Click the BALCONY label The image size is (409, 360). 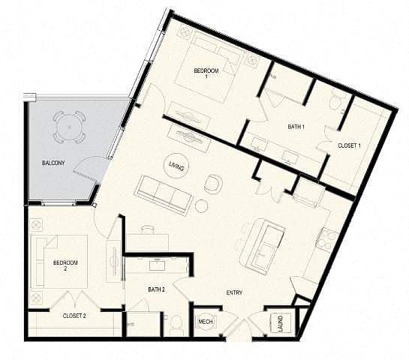tap(53, 163)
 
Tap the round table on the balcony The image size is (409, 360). tap(69, 127)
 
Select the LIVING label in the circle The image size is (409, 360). tap(176, 166)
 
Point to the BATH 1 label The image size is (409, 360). tap(296, 127)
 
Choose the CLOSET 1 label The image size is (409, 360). tap(349, 145)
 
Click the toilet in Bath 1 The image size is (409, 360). tap(335, 102)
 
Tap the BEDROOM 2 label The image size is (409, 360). tap(65, 265)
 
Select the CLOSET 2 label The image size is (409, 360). tap(74, 316)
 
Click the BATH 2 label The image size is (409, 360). tap(157, 289)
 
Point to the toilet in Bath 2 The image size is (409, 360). tap(176, 325)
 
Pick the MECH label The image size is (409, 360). tap(206, 322)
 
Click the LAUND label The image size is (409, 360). tap(281, 323)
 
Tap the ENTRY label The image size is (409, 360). tap(234, 292)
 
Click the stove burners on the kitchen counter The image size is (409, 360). tap(326, 239)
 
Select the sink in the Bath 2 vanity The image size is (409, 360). tap(157, 265)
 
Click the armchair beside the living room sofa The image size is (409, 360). tap(214, 184)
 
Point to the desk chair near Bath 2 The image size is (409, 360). tap(148, 229)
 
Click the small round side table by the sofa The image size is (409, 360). tap(201, 206)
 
